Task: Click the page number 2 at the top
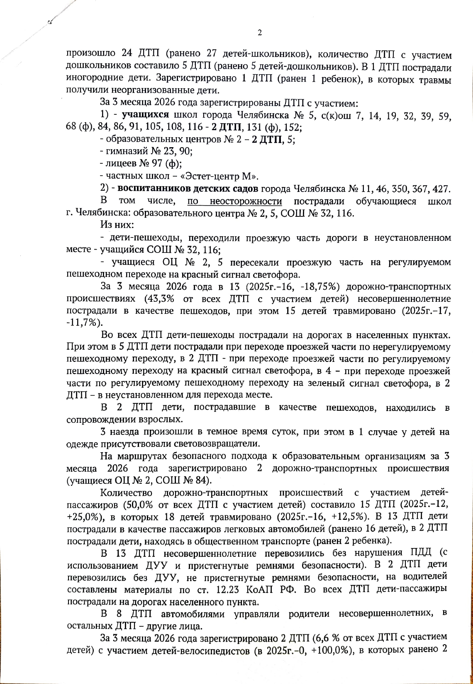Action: coord(260,33)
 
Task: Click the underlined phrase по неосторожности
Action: coord(234,201)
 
